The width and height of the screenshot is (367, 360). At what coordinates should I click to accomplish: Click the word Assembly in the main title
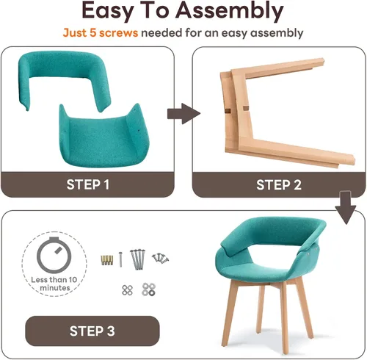(x=230, y=11)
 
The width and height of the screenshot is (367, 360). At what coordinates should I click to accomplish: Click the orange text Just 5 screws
(x=101, y=33)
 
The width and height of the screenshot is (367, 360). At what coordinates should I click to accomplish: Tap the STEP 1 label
(x=88, y=184)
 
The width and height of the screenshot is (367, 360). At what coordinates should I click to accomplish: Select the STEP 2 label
(x=279, y=184)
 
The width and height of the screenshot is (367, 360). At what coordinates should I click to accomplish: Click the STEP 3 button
(x=92, y=331)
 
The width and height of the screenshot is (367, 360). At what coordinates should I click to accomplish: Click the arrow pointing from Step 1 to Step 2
(x=183, y=114)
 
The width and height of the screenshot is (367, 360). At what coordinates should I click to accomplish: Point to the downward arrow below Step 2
(x=346, y=207)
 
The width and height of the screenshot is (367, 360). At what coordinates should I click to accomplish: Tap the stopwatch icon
(x=54, y=256)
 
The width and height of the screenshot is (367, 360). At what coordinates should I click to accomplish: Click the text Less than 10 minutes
(x=54, y=284)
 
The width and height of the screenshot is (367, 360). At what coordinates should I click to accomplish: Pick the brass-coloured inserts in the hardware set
(x=107, y=260)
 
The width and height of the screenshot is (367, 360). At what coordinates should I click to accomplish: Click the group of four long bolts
(x=138, y=259)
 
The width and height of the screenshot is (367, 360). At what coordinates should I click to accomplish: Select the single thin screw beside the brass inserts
(x=120, y=259)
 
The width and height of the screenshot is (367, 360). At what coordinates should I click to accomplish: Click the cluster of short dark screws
(x=160, y=258)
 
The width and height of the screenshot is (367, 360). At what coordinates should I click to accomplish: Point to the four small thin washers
(x=127, y=290)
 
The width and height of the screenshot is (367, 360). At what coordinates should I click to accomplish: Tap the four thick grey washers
(x=148, y=289)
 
